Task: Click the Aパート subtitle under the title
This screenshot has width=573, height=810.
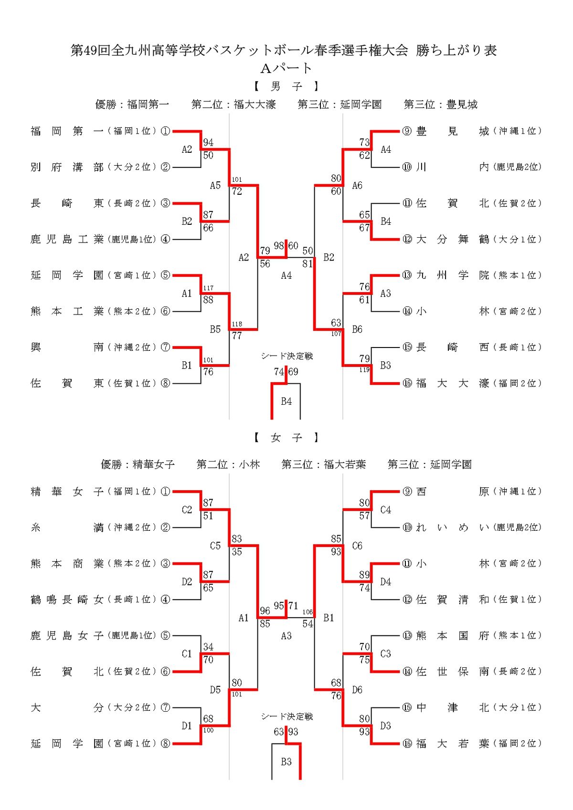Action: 286,69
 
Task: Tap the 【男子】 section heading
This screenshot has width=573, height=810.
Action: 286,86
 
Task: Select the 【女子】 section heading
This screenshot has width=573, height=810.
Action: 286,438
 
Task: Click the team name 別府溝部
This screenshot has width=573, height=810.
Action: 67,167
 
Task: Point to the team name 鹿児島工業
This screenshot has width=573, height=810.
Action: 67,239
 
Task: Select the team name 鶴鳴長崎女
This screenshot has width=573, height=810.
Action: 67,600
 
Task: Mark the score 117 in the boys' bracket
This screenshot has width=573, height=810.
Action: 208,288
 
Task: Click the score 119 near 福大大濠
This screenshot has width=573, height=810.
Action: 364,369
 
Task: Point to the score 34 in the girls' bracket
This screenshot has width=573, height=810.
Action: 208,647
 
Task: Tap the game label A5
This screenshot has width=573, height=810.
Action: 215,185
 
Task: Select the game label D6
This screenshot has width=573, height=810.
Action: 357,690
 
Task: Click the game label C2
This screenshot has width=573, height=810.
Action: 187,510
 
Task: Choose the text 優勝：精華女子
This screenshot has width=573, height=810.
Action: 138,464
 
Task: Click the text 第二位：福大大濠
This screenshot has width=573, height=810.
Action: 233,105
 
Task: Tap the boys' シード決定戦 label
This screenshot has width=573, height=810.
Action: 286,356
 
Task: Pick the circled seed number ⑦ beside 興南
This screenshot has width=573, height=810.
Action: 165,347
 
